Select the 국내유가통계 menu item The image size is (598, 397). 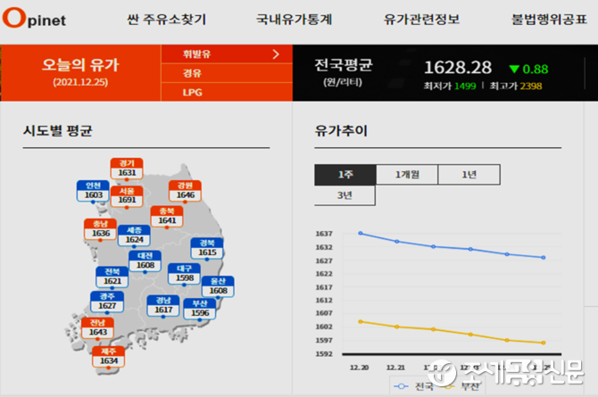[x=292, y=19]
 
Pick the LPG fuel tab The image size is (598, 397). [x=193, y=92]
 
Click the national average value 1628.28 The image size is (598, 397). [x=458, y=68]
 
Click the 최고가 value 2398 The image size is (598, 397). [x=531, y=87]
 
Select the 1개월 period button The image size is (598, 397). [x=406, y=175]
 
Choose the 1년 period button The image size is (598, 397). [x=469, y=175]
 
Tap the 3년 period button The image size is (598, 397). [x=345, y=195]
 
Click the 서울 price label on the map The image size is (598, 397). [x=127, y=196]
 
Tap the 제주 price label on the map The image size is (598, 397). [x=110, y=356]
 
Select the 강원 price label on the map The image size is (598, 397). [x=186, y=191]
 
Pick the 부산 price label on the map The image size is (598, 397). [x=201, y=309]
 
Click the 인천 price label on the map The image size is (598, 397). [x=94, y=190]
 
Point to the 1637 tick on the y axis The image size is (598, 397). [x=324, y=234]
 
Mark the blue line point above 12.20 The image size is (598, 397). [x=360, y=233]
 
